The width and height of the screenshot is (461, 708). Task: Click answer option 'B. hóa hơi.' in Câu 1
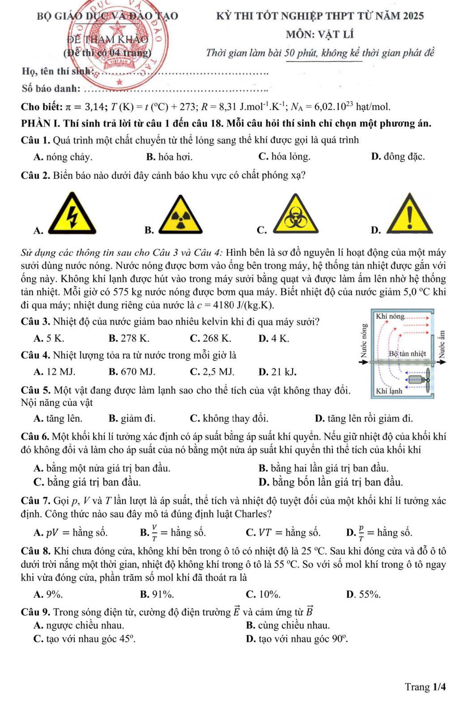(169, 157)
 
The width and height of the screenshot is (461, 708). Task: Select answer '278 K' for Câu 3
(129, 338)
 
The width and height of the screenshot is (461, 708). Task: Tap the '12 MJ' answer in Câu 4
(55, 372)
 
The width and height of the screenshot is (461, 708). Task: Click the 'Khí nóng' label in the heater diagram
(390, 317)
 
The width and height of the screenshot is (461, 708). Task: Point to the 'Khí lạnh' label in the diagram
(389, 391)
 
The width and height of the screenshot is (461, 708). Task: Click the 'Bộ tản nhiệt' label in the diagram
(407, 353)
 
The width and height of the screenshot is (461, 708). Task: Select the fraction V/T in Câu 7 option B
(155, 532)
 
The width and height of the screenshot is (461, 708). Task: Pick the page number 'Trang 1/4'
(425, 687)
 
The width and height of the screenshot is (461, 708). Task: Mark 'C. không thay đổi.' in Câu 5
(229, 419)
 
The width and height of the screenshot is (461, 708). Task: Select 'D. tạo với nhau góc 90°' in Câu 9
(297, 639)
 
